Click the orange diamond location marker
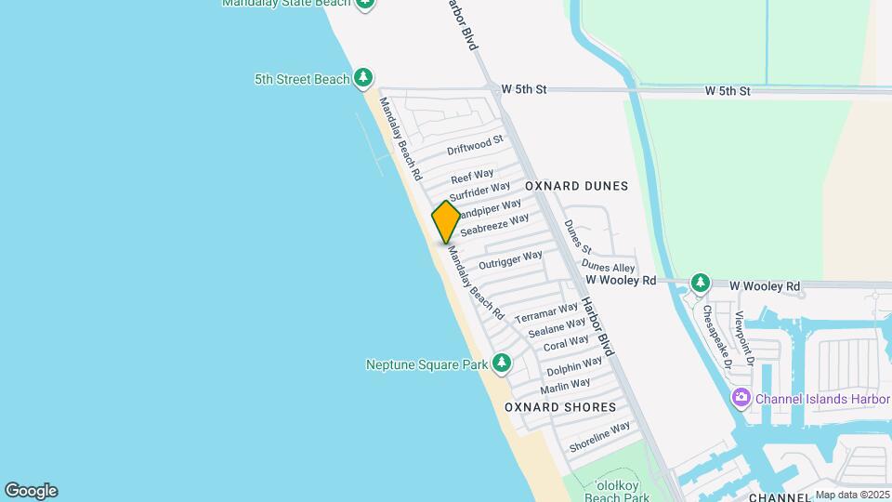446,221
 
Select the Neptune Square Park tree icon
502,363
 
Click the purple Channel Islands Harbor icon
741,399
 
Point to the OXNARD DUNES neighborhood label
576,186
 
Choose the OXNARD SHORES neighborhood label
560,407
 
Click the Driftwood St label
474,145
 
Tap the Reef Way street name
472,176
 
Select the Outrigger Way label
510,260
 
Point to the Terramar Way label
546,311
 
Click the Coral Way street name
566,343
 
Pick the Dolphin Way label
573,366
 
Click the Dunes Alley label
608,268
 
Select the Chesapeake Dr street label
716,335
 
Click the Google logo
31,491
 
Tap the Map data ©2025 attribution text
851,495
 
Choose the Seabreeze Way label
494,224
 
